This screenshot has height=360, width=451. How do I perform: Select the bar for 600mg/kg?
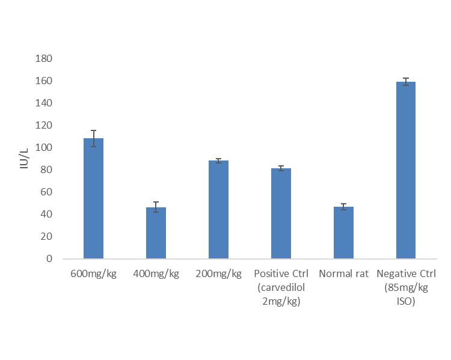tap(93, 198)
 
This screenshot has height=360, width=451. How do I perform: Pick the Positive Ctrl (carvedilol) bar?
tap(281, 213)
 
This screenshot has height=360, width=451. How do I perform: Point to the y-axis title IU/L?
tap(24, 159)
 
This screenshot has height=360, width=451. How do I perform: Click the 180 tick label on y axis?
tap(44, 59)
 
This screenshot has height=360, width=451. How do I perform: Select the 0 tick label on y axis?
tap(50, 259)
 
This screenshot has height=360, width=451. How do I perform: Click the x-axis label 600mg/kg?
tap(93, 274)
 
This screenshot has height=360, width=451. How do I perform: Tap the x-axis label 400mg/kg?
tap(156, 274)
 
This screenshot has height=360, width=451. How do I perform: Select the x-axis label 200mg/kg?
tap(218, 274)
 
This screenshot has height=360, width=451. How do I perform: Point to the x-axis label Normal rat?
tap(343, 274)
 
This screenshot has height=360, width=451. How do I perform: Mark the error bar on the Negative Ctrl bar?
tap(406, 82)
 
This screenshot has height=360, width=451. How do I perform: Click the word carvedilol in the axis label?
tap(280, 288)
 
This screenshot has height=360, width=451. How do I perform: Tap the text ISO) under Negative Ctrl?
tap(406, 302)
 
